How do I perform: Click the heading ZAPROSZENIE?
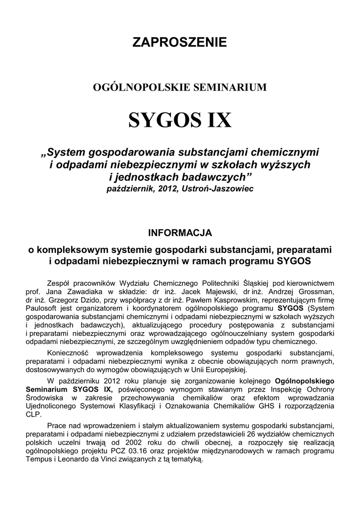coord(180,42)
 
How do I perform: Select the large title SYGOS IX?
coord(180,120)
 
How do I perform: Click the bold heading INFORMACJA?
coord(180,232)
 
